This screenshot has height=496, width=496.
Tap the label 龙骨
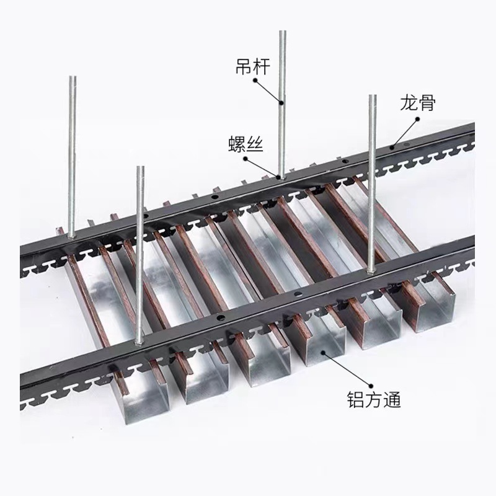coord(417,103)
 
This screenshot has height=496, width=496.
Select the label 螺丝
coord(246,145)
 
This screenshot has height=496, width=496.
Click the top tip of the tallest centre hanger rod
coord(282,32)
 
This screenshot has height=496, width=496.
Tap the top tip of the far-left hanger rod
coord(71,77)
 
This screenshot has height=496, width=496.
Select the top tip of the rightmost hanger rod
coord(372,96)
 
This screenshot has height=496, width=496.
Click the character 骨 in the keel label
coord(427,103)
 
